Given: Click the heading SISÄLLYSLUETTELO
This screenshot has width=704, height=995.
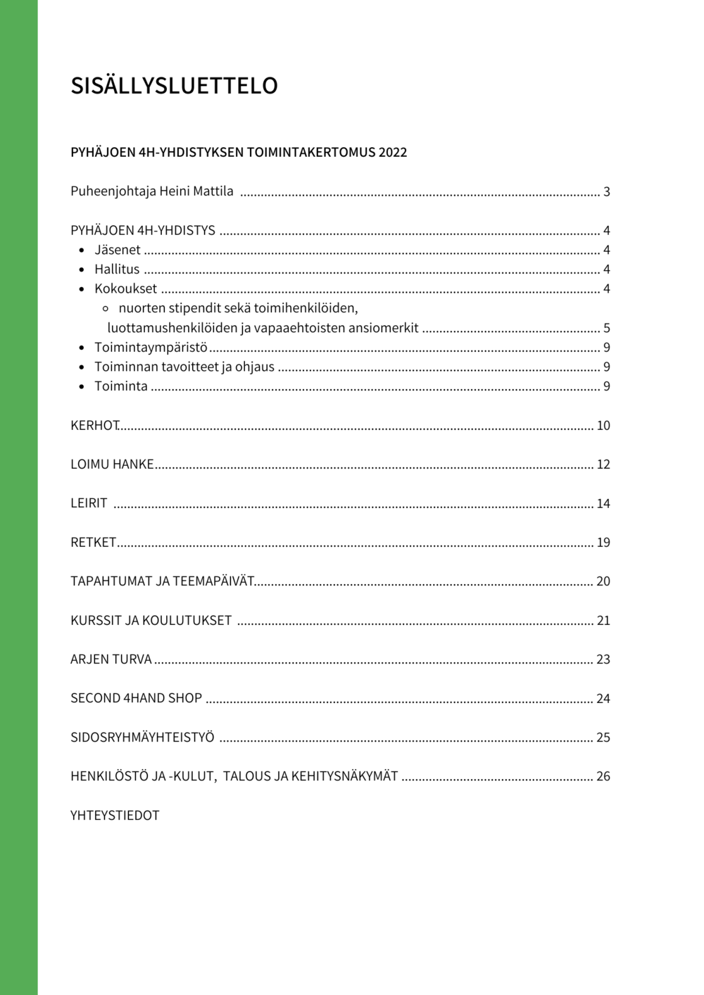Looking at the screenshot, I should pyautogui.click(x=174, y=86).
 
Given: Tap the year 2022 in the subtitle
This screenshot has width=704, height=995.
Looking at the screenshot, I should pyautogui.click(x=392, y=153).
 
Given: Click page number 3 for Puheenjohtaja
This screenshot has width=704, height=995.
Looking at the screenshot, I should pyautogui.click(x=606, y=192).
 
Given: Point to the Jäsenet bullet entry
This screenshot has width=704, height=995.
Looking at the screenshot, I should pyautogui.click(x=118, y=250).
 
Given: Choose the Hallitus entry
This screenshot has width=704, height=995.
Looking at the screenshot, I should pyautogui.click(x=117, y=270).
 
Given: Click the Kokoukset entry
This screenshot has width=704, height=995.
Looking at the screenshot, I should pyautogui.click(x=125, y=289).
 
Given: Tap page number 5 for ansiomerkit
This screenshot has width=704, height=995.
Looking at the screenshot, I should pyautogui.click(x=606, y=329).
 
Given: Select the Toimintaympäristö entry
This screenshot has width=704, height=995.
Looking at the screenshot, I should pyautogui.click(x=151, y=348).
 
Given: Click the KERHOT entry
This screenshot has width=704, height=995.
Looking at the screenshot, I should pyautogui.click(x=94, y=426).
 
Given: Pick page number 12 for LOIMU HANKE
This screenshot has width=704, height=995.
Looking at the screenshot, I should pyautogui.click(x=603, y=464).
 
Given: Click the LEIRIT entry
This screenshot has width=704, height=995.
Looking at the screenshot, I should pyautogui.click(x=89, y=503).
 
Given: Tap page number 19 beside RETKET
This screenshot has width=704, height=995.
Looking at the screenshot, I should pyautogui.click(x=603, y=543).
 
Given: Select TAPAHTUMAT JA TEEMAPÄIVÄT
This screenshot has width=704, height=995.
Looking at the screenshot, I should pyautogui.click(x=162, y=581).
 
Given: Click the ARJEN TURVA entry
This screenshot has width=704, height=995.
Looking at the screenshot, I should pyautogui.click(x=111, y=659).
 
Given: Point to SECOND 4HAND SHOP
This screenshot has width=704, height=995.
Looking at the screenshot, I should pyautogui.click(x=136, y=698).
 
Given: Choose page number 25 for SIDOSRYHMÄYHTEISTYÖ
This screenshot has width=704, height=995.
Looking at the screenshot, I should pyautogui.click(x=603, y=737).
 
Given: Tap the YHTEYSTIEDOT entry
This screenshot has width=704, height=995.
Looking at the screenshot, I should pyautogui.click(x=115, y=816).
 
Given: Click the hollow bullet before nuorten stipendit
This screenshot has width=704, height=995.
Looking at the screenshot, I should pyautogui.click(x=106, y=309).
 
